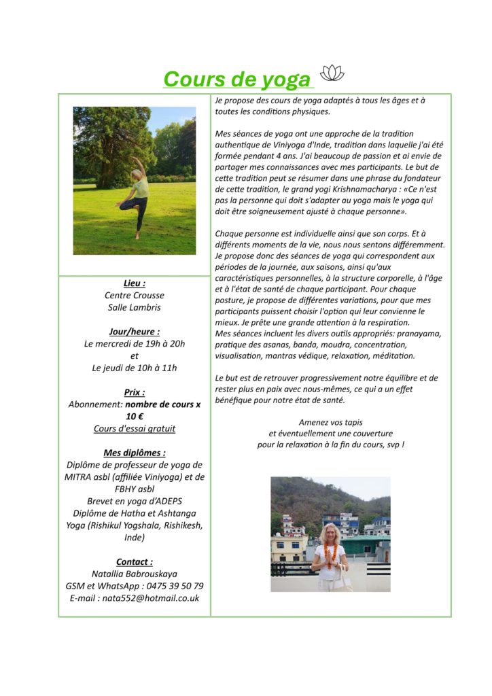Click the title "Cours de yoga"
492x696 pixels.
click(x=236, y=79)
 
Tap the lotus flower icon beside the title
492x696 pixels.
click(x=332, y=73)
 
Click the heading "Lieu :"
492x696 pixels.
click(x=135, y=283)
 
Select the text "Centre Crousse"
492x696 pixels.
click(x=135, y=296)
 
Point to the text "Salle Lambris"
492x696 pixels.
click(x=135, y=308)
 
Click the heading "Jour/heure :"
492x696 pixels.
click(x=135, y=332)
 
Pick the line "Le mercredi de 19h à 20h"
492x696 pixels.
click(x=135, y=344)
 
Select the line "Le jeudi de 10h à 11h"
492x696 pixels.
click(x=135, y=368)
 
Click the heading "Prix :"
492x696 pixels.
click(x=135, y=392)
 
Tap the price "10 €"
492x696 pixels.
click(x=135, y=417)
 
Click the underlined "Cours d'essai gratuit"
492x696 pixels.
click(x=135, y=429)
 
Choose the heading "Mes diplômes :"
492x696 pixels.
click(x=135, y=453)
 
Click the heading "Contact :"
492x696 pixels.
click(x=135, y=562)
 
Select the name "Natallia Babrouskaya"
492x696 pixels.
click(x=135, y=574)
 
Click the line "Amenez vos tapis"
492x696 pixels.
click(x=330, y=422)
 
